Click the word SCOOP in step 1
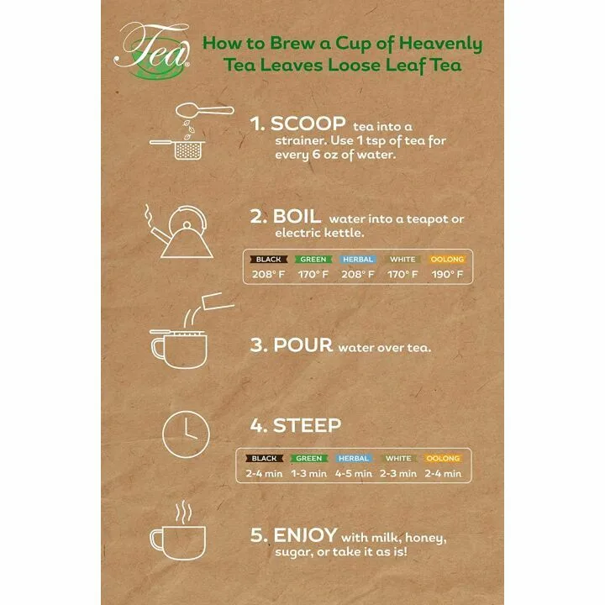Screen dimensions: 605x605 (299, 123)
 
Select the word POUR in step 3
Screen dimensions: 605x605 (303, 345)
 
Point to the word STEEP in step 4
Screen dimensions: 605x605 (307, 425)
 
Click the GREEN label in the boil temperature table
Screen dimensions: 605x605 (313, 260)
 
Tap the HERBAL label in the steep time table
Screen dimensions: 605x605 (353, 459)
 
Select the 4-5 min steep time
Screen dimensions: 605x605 (353, 473)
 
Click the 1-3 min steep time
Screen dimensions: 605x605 (308, 473)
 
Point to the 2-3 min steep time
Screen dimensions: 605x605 (397, 473)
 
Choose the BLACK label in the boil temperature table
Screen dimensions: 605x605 (268, 260)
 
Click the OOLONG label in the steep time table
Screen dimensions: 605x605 (442, 459)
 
